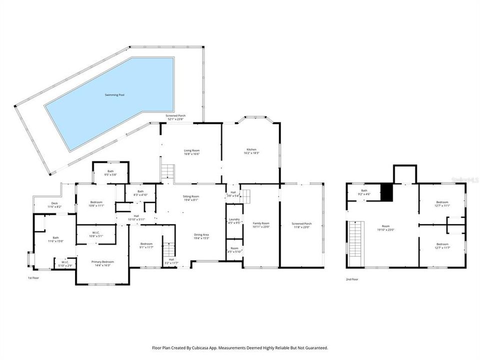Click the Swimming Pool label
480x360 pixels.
tap(114, 94)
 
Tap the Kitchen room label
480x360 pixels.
tap(251, 149)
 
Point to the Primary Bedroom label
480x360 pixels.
tap(102, 262)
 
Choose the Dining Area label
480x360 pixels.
tap(201, 234)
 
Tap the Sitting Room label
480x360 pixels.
tap(191, 196)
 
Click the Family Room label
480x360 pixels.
tap(260, 223)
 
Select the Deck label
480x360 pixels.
tap(54, 203)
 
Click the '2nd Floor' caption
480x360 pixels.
tap(351, 279)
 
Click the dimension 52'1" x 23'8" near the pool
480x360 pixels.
tap(175, 119)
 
